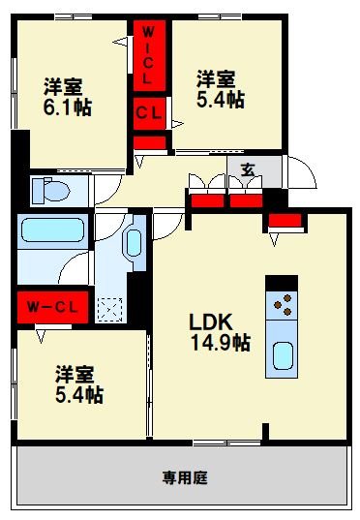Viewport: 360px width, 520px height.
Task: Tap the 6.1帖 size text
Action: click(x=67, y=107)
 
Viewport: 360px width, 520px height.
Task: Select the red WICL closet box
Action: click(x=148, y=55)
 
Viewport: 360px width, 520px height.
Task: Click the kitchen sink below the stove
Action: click(x=282, y=355)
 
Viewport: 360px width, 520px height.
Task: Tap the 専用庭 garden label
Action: click(x=185, y=477)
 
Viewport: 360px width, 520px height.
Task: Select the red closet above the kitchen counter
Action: click(x=285, y=223)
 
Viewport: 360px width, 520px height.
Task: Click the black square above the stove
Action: click(x=282, y=282)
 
